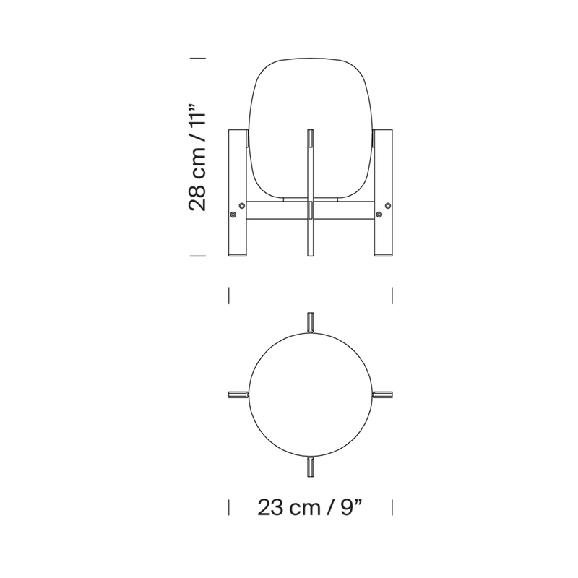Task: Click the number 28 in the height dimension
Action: click(197, 197)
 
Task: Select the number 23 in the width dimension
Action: click(270, 508)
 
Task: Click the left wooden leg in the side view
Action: click(238, 192)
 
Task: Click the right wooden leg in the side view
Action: click(384, 192)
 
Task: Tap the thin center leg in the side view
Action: click(311, 192)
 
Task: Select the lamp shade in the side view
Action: click(311, 129)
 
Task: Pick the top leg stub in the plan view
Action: click(311, 322)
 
